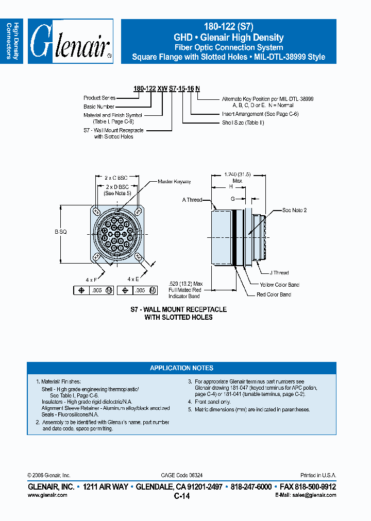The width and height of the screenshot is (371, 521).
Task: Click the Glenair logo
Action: pyautogui.click(x=71, y=41)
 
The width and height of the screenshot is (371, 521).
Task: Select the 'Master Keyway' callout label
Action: pyautogui.click(x=174, y=182)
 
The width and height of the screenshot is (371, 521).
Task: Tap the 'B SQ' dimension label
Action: pyautogui.click(x=61, y=232)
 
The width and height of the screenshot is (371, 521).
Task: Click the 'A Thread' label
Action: pyautogui.click(x=192, y=200)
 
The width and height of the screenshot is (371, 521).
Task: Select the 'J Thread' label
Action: pyautogui.click(x=279, y=273)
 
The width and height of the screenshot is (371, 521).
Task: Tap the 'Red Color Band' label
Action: pyautogui.click(x=274, y=294)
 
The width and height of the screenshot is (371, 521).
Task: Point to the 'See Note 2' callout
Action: pyautogui.click(x=294, y=211)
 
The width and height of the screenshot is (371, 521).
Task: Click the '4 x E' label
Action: pyautogui.click(x=133, y=279)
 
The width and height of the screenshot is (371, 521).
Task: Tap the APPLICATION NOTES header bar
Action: pyautogui.click(x=181, y=368)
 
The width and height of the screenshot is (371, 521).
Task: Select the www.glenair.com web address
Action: pyautogui.click(x=47, y=495)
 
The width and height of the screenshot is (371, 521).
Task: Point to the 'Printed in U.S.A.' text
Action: pyautogui.click(x=318, y=475)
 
